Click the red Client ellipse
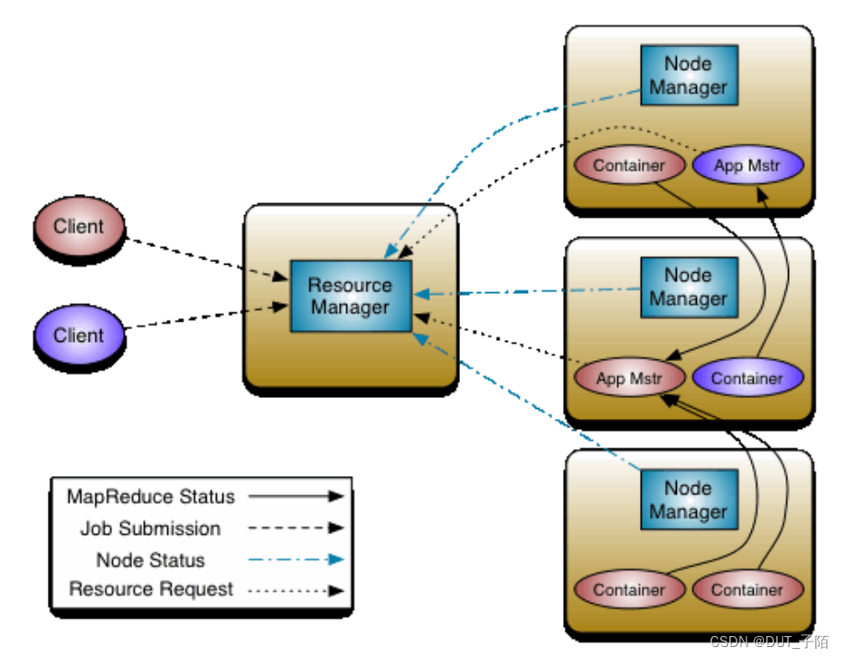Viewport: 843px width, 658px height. coord(80,226)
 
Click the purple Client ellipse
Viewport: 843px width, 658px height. coord(80,335)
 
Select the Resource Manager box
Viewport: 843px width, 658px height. coord(351,296)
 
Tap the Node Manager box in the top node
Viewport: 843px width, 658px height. coord(690,74)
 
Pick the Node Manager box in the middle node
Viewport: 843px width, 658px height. coord(690,288)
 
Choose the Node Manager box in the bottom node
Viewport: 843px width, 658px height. coord(690,499)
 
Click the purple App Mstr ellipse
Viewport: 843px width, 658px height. coord(747,165)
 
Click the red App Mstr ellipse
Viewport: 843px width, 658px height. coord(630,378)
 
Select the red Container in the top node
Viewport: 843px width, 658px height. coord(630,165)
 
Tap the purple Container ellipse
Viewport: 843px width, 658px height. coord(747,378)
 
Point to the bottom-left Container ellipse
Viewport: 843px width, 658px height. coord(630,590)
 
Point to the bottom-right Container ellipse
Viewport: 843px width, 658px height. coord(747,590)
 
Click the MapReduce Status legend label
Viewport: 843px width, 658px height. coord(151,496)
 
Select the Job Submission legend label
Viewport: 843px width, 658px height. coord(151,528)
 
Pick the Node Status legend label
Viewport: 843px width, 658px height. coord(151,560)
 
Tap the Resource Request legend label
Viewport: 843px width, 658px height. coord(152,590)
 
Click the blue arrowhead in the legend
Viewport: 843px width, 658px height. coord(336,560)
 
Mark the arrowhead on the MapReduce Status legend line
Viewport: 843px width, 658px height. coord(336,496)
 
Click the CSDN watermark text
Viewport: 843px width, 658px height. coord(769,641)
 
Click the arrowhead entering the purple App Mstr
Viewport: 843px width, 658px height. coord(762,195)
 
